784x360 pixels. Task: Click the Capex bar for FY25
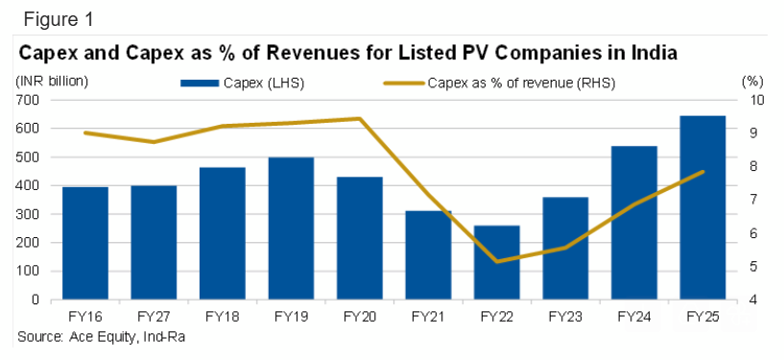tap(702, 208)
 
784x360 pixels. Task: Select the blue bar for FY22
tap(497, 262)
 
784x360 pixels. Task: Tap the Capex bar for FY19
tap(291, 228)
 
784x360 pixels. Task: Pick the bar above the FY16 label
tap(85, 244)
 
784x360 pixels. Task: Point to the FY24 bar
tap(634, 223)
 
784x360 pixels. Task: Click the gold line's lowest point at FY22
tap(497, 261)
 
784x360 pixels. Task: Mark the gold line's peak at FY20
tap(360, 119)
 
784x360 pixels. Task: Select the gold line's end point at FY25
tap(702, 172)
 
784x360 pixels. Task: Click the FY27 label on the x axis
tap(154, 317)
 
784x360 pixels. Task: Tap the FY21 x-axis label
tap(428, 317)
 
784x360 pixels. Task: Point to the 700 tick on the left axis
tap(29, 100)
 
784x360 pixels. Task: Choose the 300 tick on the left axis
tap(29, 214)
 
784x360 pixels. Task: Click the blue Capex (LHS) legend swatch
tap(200, 84)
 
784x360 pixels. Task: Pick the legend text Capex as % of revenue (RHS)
tap(521, 84)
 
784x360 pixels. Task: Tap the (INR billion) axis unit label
tap(52, 81)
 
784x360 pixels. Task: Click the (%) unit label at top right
tap(751, 81)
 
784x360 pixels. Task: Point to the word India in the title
tap(652, 53)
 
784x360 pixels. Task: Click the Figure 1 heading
tap(58, 19)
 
